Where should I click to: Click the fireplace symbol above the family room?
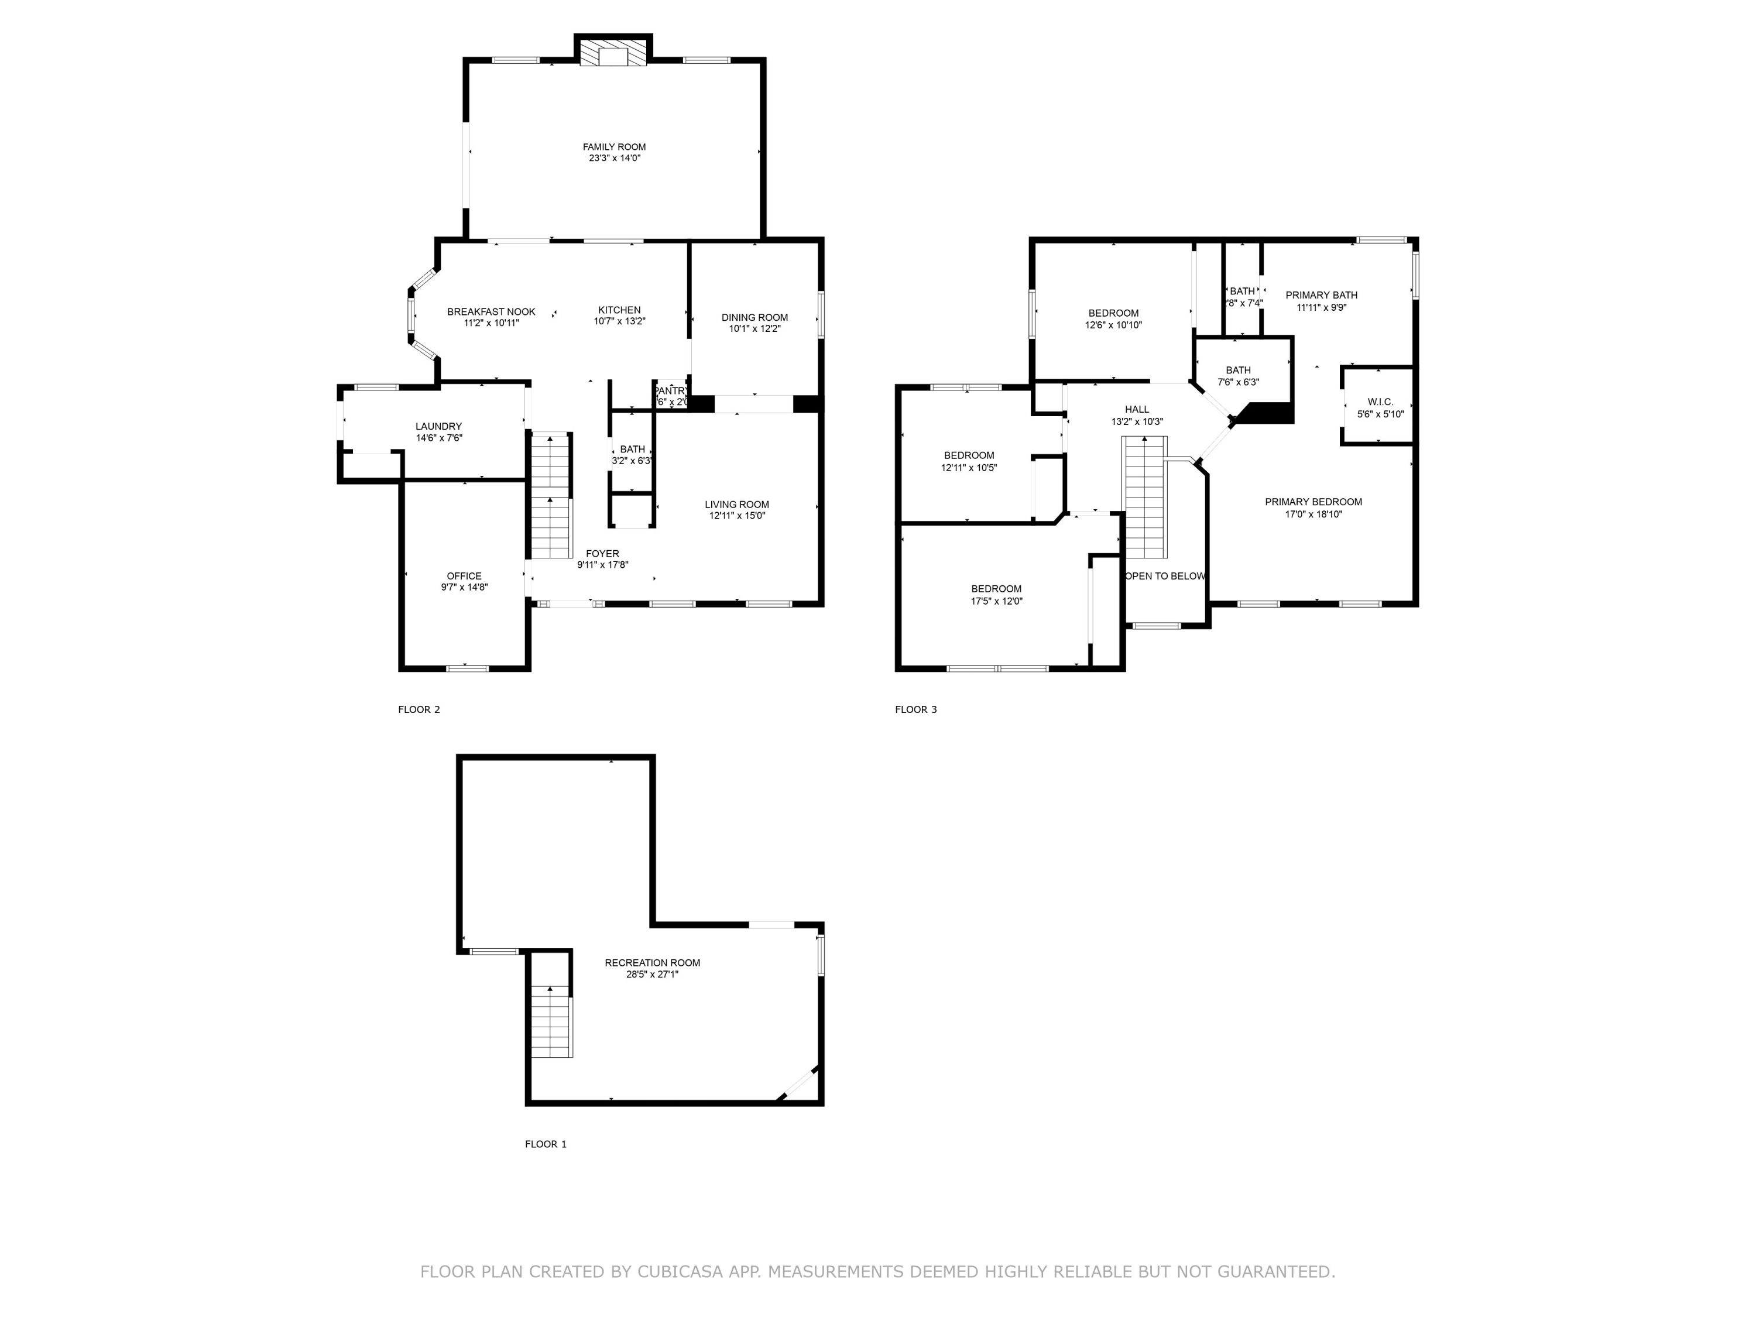pyautogui.click(x=613, y=54)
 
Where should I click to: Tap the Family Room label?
pyautogui.click(x=615, y=147)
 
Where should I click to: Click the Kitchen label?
pyautogui.click(x=619, y=310)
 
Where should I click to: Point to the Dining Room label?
pyautogui.click(x=754, y=317)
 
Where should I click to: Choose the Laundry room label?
pyautogui.click(x=438, y=426)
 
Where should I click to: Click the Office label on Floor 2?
pyautogui.click(x=464, y=577)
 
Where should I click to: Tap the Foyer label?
pyautogui.click(x=602, y=554)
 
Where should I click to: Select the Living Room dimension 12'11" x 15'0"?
pyautogui.click(x=737, y=516)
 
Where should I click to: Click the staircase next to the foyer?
pyautogui.click(x=551, y=497)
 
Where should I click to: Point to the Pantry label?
pyautogui.click(x=671, y=390)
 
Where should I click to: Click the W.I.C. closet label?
pyautogui.click(x=1380, y=403)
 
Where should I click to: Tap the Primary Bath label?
pyautogui.click(x=1321, y=296)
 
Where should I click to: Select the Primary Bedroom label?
pyautogui.click(x=1313, y=502)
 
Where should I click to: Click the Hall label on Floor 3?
pyautogui.click(x=1137, y=410)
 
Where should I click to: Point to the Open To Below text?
pyautogui.click(x=1165, y=577)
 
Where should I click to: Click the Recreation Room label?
pyautogui.click(x=651, y=963)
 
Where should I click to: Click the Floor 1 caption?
pyautogui.click(x=546, y=1144)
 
